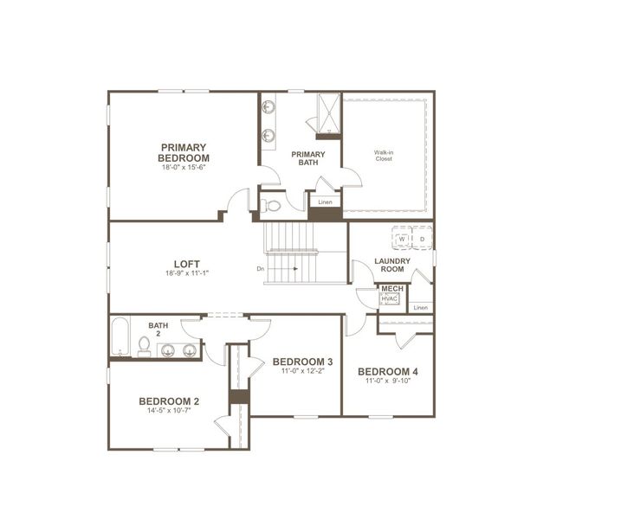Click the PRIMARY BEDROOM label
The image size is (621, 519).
click(184, 152)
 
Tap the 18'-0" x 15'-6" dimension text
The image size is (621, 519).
click(184, 168)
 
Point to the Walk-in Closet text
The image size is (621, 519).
click(384, 156)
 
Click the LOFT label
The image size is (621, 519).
click(187, 262)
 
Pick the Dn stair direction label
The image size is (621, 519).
click(261, 269)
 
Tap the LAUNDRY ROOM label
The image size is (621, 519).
click(391, 265)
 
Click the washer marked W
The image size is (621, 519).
click(403, 239)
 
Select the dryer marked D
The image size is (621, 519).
click(422, 239)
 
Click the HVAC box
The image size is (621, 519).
click(390, 299)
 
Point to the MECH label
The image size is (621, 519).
click(391, 289)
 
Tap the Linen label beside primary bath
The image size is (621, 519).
click(325, 202)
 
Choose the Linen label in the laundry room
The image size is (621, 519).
click(420, 307)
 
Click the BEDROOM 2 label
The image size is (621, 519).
click(169, 401)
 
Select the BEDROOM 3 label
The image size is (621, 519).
click(302, 362)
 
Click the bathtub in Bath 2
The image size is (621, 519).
click(120, 338)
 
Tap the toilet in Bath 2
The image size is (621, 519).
click(144, 347)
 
